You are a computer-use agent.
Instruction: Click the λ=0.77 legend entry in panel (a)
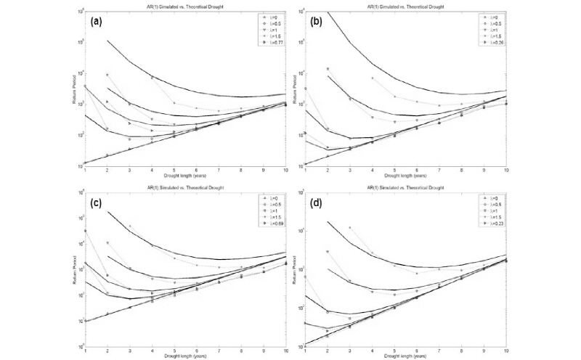[271, 44]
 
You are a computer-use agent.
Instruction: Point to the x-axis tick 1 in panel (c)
[86, 350]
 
